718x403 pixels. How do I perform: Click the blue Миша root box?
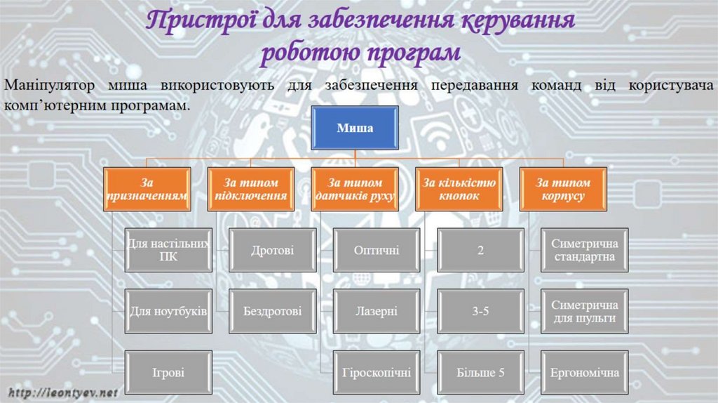click(355, 128)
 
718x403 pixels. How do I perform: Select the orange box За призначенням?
click(147, 189)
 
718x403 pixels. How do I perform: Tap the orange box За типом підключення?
click(250, 189)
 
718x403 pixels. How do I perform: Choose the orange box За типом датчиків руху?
click(355, 189)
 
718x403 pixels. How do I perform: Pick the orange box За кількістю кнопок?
click(459, 189)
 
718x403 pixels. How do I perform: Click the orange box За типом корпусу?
click(562, 189)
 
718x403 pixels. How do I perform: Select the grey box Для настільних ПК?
click(168, 250)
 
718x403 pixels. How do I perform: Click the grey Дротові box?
click(272, 250)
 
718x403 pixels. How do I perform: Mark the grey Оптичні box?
click(377, 250)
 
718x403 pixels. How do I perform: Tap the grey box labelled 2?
click(480, 250)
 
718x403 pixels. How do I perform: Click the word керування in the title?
click(517, 22)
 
